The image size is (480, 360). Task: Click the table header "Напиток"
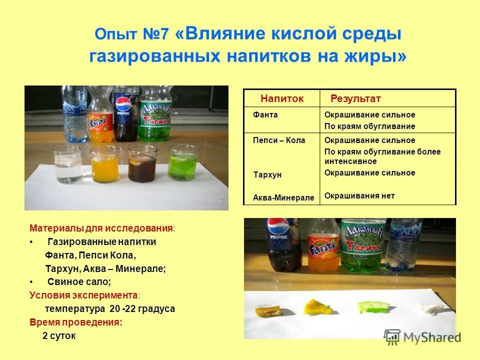click(x=281, y=98)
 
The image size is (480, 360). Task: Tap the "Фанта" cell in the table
click(x=265, y=114)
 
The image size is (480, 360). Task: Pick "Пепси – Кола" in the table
click(x=278, y=140)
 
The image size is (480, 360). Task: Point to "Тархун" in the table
click(x=267, y=175)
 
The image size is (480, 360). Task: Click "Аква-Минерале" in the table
click(x=283, y=197)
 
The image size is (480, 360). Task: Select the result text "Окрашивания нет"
click(x=359, y=195)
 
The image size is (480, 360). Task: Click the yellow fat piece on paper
click(x=318, y=306)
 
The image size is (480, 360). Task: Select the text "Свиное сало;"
click(x=79, y=281)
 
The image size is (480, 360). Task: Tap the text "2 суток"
click(x=59, y=335)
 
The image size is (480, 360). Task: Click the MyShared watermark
click(x=423, y=337)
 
